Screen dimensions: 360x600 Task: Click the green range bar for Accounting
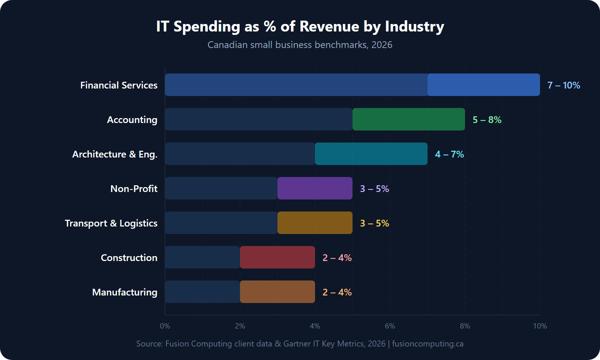coord(409,119)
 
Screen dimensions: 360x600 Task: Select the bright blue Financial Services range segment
coord(484,85)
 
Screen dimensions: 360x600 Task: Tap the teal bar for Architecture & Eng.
coord(371,154)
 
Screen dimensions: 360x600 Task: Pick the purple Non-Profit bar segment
coord(315,188)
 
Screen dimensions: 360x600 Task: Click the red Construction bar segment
coord(277,257)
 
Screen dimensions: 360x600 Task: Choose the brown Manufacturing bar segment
coord(277,292)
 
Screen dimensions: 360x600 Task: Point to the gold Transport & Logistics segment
coord(315,223)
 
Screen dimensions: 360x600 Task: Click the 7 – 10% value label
coord(563,85)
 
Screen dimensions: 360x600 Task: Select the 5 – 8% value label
coord(487,120)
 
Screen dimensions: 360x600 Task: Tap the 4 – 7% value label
coord(449,154)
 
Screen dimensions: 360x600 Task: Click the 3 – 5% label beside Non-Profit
coord(374,189)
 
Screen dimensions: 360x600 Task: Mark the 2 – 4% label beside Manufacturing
coord(337,292)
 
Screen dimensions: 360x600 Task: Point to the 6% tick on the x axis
coord(390,326)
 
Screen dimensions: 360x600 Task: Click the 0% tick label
coord(165,326)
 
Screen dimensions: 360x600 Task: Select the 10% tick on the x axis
coord(540,326)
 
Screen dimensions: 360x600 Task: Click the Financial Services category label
coord(118,85)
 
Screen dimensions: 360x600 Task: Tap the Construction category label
coord(129,258)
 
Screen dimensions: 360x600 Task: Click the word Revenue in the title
coord(329,27)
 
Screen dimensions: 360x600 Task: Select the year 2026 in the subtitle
coord(382,45)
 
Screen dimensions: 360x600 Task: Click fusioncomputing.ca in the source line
coord(427,344)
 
